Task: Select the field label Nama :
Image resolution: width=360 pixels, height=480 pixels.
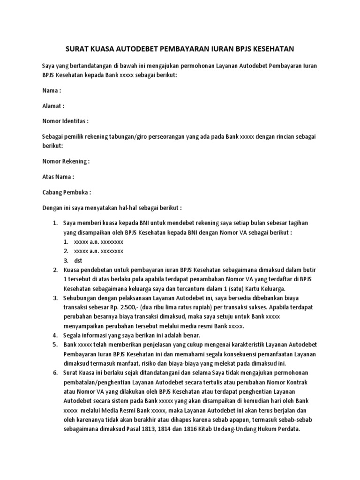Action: [x=52, y=90]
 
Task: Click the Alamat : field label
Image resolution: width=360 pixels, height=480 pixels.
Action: [x=53, y=106]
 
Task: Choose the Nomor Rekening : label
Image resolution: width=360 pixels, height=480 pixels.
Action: [x=66, y=161]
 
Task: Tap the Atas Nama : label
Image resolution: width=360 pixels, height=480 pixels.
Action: [x=58, y=177]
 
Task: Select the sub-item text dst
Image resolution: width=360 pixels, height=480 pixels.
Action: [x=78, y=261]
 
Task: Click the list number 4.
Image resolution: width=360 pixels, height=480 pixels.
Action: [x=54, y=335]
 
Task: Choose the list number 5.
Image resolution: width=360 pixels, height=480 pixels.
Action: [x=54, y=345]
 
